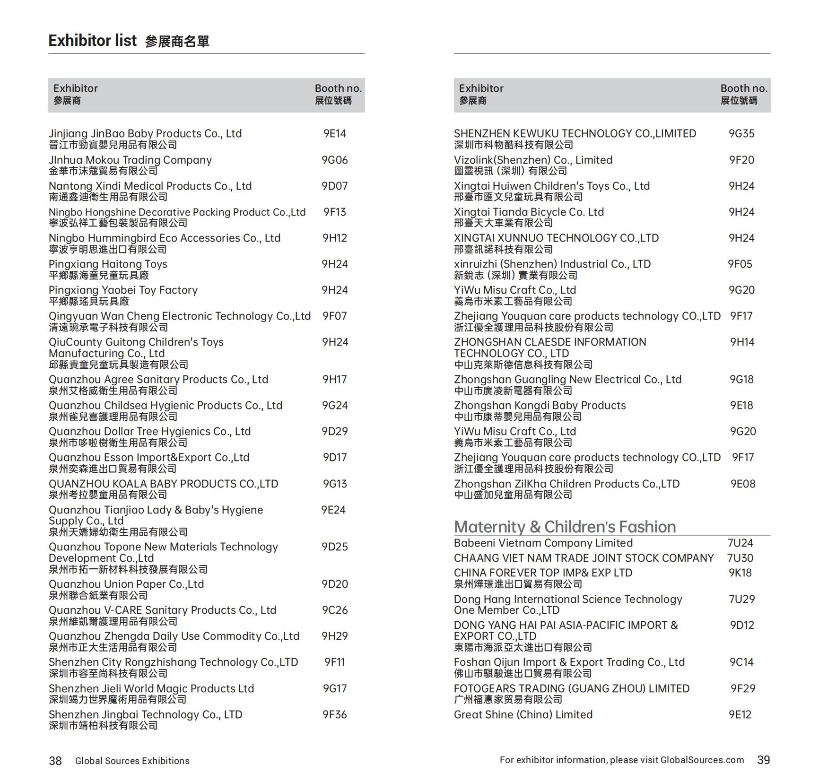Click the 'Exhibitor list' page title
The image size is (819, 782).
tap(93, 41)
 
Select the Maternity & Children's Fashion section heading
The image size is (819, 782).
tap(565, 527)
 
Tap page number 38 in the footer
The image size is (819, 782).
tap(55, 761)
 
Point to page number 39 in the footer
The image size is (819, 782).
tap(763, 760)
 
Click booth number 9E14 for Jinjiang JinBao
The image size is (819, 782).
tap(335, 134)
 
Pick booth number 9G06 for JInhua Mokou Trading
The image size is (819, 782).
tap(335, 160)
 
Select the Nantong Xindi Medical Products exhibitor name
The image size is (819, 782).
tap(150, 186)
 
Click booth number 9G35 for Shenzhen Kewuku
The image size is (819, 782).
tap(741, 134)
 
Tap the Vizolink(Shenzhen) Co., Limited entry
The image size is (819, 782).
tap(533, 160)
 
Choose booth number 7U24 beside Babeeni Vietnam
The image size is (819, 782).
tap(740, 543)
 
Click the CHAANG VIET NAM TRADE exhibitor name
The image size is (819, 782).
tap(584, 558)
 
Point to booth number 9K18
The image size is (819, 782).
tap(740, 573)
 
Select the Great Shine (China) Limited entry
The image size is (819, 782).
tap(523, 715)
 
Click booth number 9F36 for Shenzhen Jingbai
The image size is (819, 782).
tap(335, 715)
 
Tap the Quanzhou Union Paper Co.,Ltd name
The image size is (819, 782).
tap(126, 584)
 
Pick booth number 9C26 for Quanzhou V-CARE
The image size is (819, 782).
tap(335, 610)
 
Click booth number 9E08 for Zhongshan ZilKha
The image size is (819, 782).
tap(743, 484)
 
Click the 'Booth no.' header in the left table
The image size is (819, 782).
tap(338, 88)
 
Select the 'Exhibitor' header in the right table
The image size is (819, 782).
tap(481, 88)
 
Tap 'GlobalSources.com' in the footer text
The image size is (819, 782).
tap(702, 760)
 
